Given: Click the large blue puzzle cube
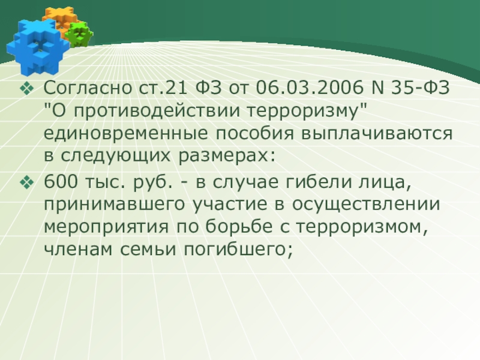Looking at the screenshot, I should tap(37, 47).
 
